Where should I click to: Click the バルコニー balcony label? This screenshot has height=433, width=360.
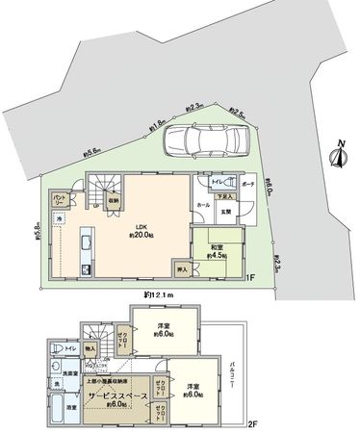coord(235,375)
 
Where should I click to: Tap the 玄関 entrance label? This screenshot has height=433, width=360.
coord(227,212)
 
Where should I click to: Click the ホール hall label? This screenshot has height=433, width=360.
coord(203,205)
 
